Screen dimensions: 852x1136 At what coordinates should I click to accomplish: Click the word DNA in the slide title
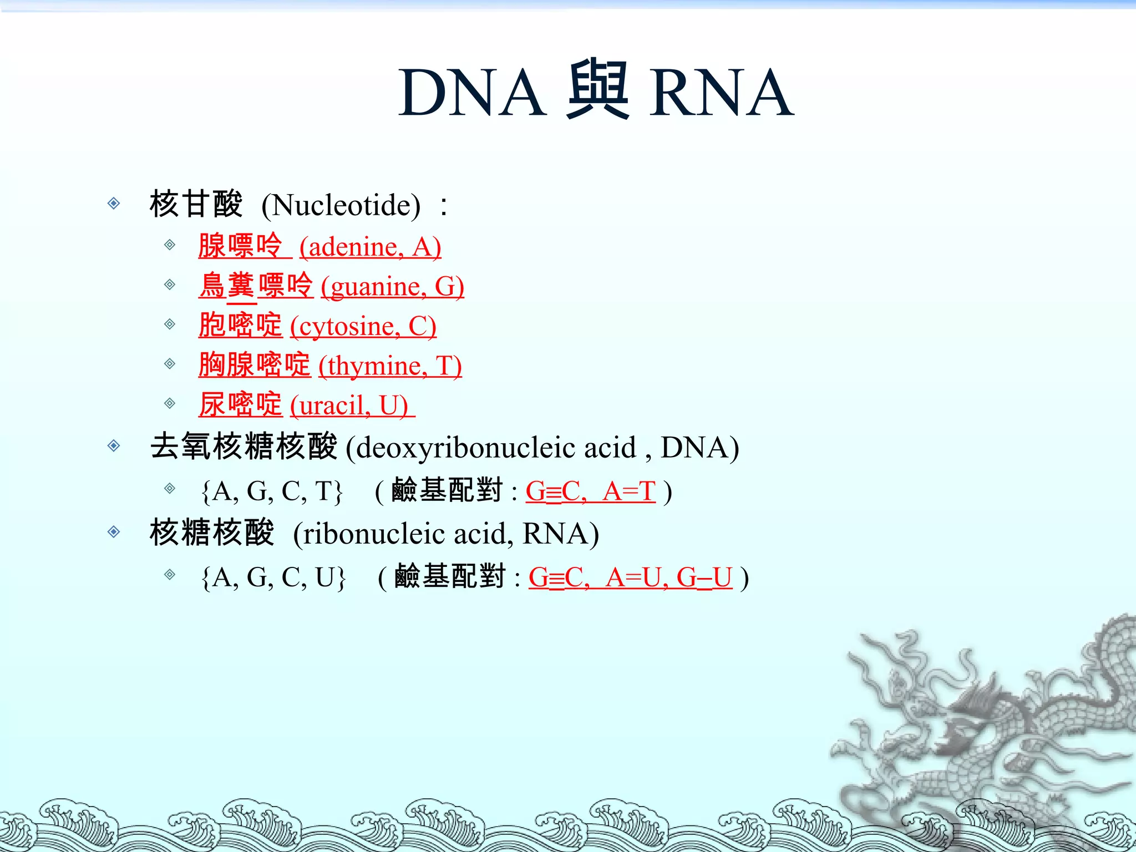pos(472,93)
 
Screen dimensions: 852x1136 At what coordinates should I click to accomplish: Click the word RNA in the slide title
pos(722,93)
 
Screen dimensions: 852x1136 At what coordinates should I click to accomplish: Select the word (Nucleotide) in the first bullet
pos(341,205)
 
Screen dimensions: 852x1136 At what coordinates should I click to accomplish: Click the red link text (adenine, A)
pos(370,247)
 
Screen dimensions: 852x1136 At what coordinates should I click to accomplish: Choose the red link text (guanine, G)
pos(392,287)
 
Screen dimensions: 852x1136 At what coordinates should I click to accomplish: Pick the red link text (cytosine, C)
pos(363,326)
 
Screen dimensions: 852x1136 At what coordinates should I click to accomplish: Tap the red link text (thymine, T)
pos(390,366)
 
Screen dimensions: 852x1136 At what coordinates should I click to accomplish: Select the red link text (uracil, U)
pos(349,405)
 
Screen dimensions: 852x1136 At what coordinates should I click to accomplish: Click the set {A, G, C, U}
pos(273,577)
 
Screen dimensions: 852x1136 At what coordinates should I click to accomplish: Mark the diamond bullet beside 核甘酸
pos(114,204)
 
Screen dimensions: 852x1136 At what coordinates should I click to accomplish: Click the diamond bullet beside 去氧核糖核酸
pos(114,445)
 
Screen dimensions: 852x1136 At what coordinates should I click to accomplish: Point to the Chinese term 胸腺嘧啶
pos(255,365)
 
